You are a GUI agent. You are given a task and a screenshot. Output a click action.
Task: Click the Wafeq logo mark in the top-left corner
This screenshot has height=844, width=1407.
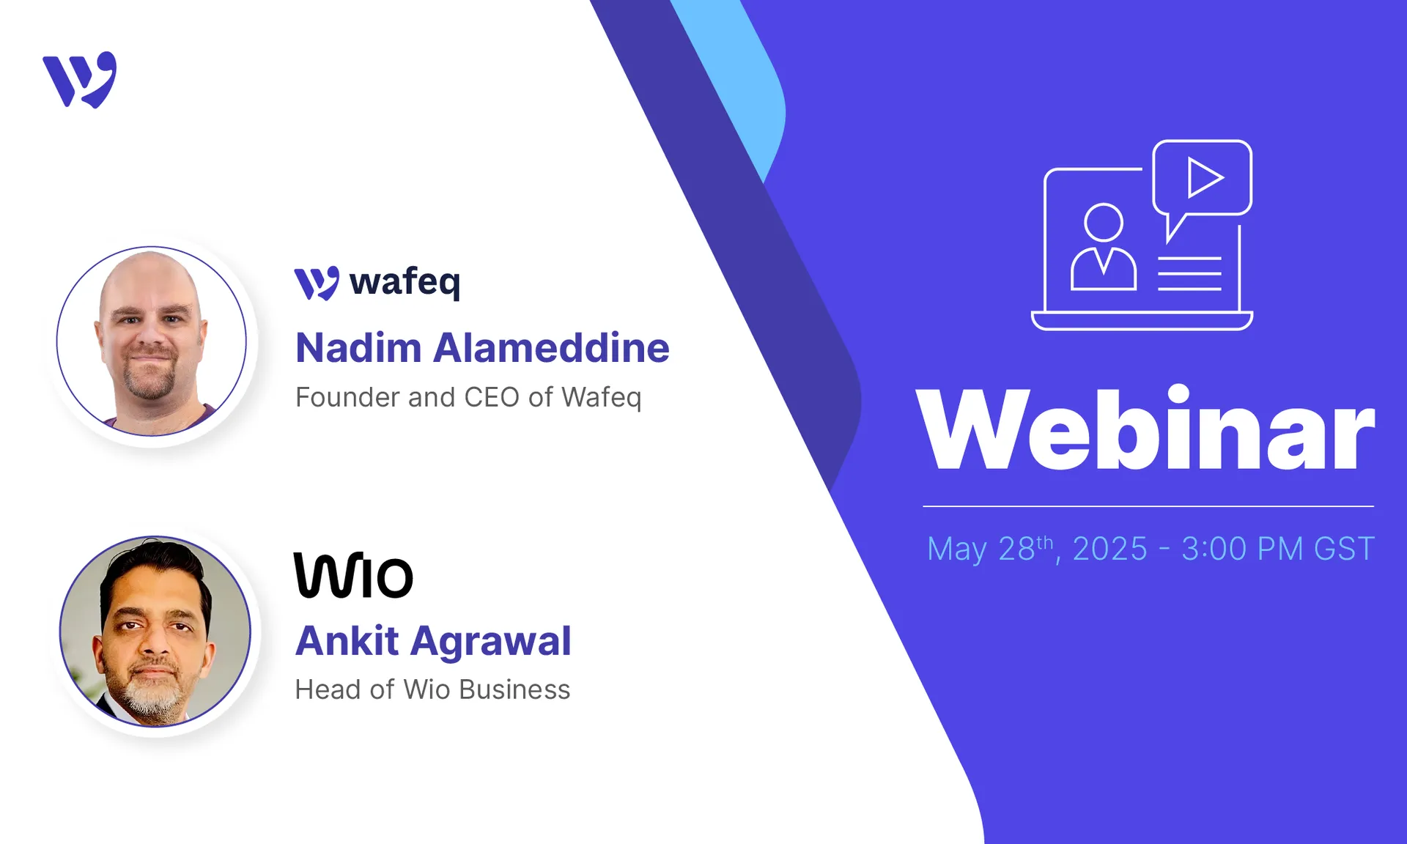80,79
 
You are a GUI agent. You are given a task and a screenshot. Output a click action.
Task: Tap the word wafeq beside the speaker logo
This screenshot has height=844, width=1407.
405,282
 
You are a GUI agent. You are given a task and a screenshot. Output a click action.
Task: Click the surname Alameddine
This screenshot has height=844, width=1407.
551,348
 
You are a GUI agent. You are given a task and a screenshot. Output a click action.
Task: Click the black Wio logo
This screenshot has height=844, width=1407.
354,576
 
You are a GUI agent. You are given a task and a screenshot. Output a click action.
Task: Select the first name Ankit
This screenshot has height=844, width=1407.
347,641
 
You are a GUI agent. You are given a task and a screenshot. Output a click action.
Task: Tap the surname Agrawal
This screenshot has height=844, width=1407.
490,641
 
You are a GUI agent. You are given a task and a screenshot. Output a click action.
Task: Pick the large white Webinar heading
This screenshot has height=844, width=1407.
1145,430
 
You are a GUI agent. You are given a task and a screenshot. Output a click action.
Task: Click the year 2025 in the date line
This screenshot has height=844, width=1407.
1110,549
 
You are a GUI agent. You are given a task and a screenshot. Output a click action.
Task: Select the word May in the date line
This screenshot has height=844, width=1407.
958,549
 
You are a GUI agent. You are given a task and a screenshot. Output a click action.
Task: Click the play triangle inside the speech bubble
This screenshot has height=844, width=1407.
1204,178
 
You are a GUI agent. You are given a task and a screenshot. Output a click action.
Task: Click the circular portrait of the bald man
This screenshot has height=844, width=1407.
152,341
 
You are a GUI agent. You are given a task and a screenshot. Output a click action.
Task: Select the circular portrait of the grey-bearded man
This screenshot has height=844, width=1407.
155,632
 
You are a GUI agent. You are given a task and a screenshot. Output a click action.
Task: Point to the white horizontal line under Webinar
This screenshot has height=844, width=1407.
1148,506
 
